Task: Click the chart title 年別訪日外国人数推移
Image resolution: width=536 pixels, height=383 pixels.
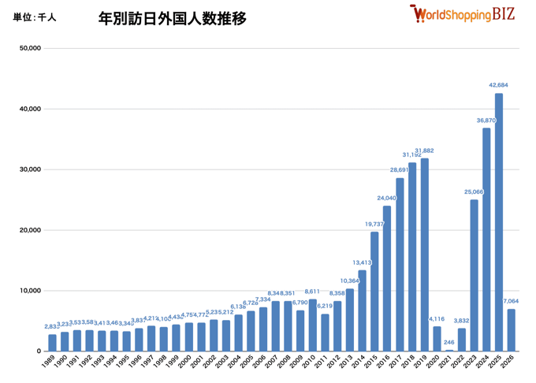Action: pyautogui.click(x=172, y=17)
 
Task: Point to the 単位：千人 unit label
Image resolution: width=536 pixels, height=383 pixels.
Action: pyautogui.click(x=35, y=17)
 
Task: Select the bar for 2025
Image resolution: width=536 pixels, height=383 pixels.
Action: pyautogui.click(x=499, y=222)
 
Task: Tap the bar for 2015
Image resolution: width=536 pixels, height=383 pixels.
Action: pyautogui.click(x=374, y=291)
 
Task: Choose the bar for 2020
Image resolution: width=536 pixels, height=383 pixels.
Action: pyautogui.click(x=437, y=339)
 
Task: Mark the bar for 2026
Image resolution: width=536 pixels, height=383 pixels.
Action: pyautogui.click(x=512, y=329)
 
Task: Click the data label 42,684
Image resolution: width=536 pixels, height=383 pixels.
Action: pyautogui.click(x=498, y=85)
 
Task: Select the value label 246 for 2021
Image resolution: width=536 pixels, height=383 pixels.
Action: pyautogui.click(x=449, y=343)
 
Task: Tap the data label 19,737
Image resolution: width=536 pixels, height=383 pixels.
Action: pyautogui.click(x=374, y=225)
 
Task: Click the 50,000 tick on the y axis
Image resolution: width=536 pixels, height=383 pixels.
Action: pyautogui.click(x=30, y=48)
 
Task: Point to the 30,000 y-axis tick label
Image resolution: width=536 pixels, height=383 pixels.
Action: pyautogui.click(x=30, y=169)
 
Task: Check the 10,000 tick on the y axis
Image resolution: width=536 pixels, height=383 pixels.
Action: pyautogui.click(x=30, y=291)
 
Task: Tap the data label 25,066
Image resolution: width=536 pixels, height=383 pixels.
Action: pyautogui.click(x=474, y=192)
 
